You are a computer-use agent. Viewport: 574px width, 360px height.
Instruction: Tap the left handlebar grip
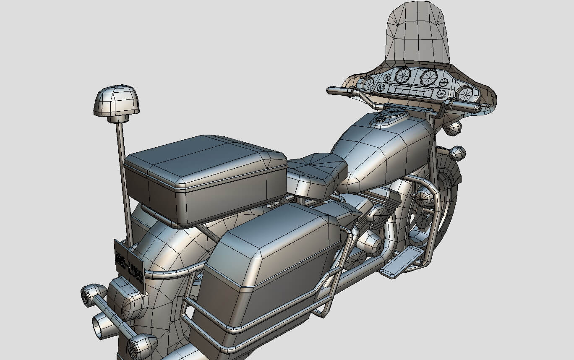point(338,91)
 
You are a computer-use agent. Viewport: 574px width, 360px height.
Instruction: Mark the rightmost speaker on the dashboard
point(465,93)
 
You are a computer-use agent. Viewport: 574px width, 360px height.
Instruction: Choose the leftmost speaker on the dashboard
point(368,83)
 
